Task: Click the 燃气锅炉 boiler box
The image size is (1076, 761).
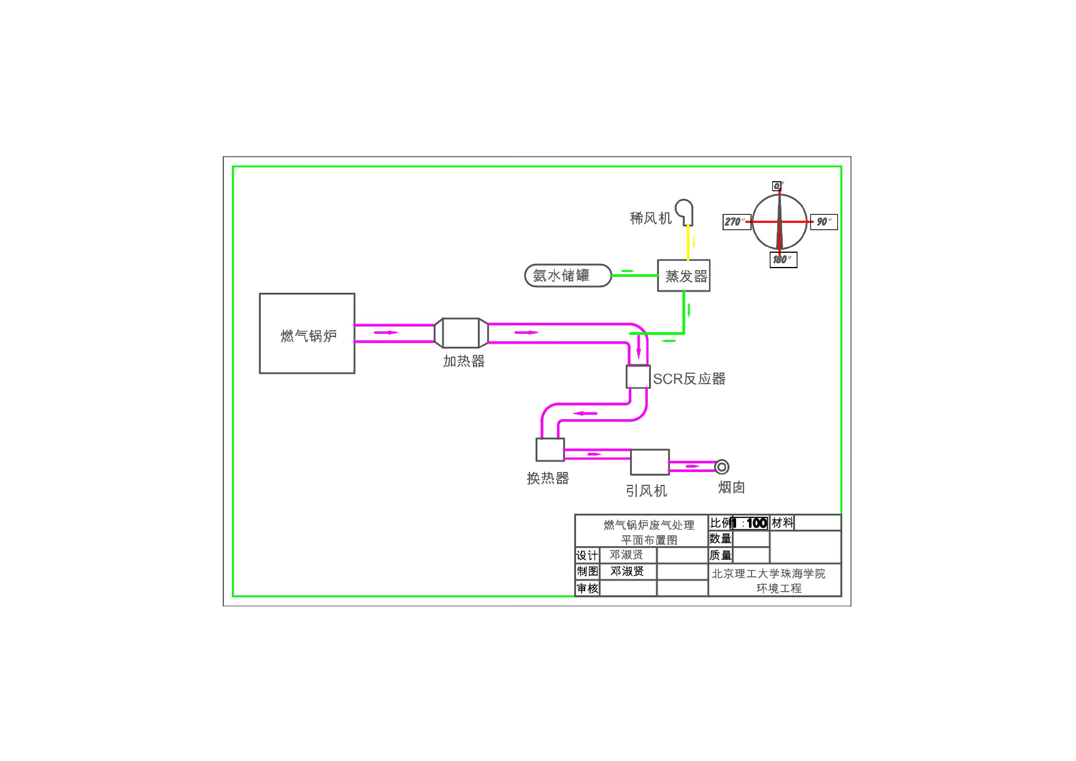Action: click(x=307, y=333)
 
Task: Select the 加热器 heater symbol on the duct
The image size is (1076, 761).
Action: click(x=461, y=333)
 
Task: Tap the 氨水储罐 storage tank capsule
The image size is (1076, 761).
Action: click(x=567, y=276)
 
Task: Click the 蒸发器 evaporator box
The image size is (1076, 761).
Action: click(x=683, y=276)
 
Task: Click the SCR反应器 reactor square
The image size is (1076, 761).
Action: click(x=638, y=376)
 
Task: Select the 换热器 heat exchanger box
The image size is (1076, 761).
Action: click(x=550, y=449)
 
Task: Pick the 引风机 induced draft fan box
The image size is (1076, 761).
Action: click(x=650, y=462)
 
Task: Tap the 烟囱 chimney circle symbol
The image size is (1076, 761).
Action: click(x=722, y=467)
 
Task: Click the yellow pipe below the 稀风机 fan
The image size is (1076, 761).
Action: click(x=688, y=242)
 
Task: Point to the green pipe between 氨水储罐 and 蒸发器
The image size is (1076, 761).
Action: click(x=634, y=276)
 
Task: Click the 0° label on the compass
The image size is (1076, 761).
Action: click(x=777, y=186)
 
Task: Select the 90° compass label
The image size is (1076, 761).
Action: click(x=823, y=222)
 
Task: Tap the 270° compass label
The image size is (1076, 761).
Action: click(x=736, y=222)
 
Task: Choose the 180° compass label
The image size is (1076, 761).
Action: click(x=782, y=260)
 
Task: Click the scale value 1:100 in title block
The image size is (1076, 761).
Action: click(x=750, y=523)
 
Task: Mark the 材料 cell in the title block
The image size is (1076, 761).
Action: click(x=782, y=522)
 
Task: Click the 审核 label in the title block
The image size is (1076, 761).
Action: click(x=587, y=589)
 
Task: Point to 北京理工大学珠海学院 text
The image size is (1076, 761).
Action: click(x=768, y=573)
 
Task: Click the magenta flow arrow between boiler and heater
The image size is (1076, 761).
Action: click(x=386, y=333)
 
